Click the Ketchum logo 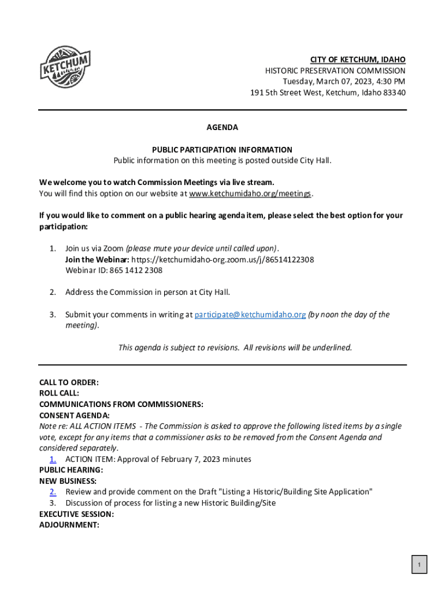(65, 67)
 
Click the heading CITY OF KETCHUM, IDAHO (358, 60)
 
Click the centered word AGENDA (222, 127)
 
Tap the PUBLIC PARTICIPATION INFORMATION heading (222, 149)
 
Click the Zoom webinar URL (223, 260)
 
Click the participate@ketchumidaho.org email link (250, 314)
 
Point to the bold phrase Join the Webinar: (97, 260)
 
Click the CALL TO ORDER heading (69, 382)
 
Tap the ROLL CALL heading (59, 393)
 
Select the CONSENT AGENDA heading (75, 415)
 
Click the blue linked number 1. (53, 459)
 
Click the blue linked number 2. (53, 492)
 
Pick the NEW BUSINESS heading (68, 481)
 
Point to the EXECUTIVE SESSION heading (76, 514)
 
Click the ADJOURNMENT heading (69, 525)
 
